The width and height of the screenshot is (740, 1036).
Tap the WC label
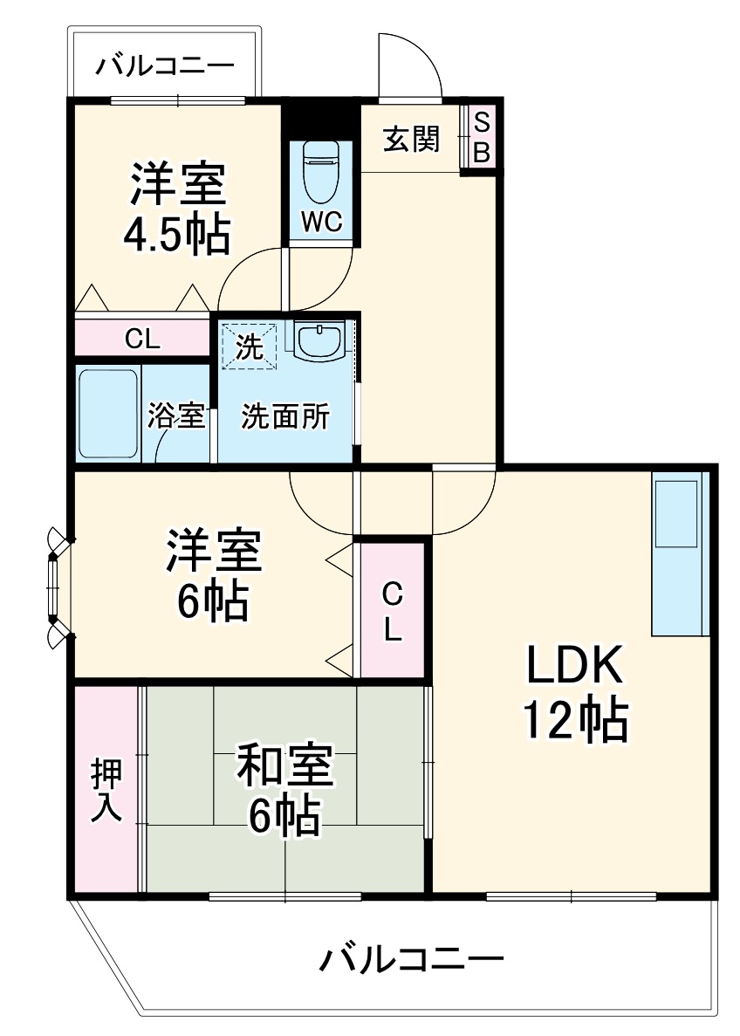(321, 222)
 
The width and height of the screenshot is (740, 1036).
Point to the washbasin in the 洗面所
(319, 341)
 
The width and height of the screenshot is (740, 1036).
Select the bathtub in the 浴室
(108, 414)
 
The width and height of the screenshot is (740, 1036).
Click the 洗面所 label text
(285, 417)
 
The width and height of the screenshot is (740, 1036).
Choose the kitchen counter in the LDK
(678, 555)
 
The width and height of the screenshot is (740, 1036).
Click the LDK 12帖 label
(574, 694)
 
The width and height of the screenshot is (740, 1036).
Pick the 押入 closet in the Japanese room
(106, 790)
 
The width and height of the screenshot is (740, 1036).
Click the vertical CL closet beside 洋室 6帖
(393, 611)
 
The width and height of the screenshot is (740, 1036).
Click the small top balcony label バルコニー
(164, 65)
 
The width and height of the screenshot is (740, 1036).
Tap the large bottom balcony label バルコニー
(410, 961)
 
